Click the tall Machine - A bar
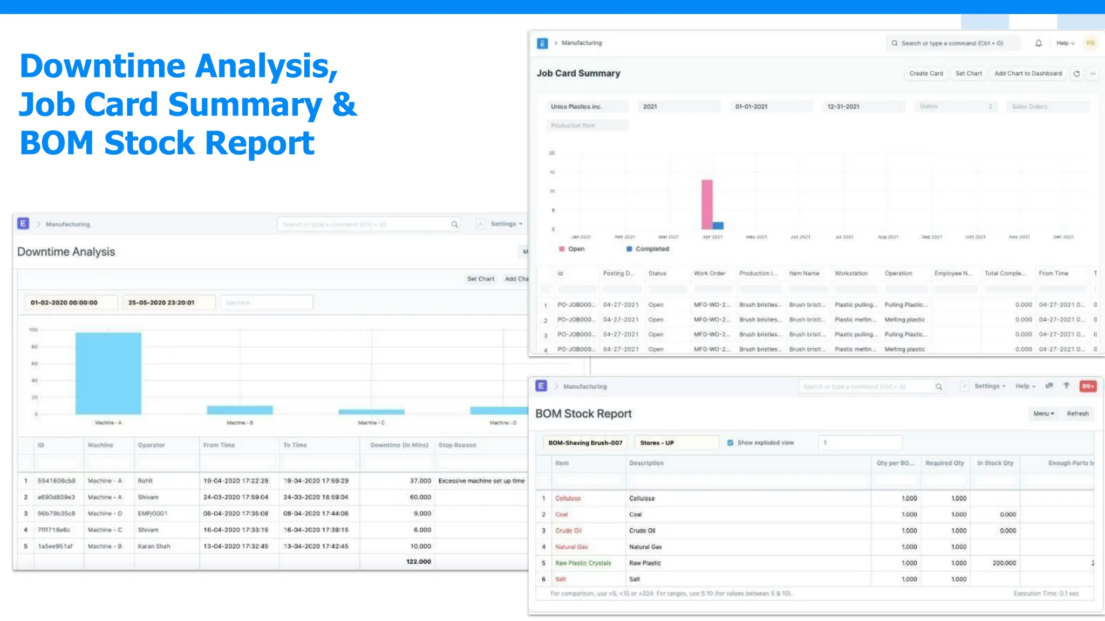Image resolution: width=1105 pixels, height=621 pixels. (x=108, y=373)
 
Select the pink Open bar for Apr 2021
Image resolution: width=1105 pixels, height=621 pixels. (x=707, y=204)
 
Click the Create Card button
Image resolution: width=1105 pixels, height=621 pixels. (x=926, y=73)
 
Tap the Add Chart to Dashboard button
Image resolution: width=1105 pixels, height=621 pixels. (x=1028, y=73)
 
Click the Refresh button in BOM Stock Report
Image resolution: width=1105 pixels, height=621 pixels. (x=1077, y=413)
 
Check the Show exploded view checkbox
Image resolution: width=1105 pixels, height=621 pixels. (x=730, y=443)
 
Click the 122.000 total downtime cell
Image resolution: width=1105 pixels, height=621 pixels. (x=418, y=562)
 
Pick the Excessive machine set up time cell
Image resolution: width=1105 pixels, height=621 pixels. (x=481, y=481)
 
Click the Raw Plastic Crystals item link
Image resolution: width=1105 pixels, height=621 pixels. (x=583, y=563)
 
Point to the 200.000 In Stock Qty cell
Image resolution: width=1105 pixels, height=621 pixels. (x=1004, y=563)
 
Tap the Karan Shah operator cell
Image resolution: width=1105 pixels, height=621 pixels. (x=154, y=546)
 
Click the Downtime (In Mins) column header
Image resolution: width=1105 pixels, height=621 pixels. (x=399, y=445)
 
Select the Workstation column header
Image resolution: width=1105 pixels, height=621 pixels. (x=851, y=273)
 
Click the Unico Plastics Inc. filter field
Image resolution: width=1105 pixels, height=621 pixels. (x=586, y=107)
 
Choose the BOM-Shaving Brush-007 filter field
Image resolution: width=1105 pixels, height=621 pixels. (x=585, y=443)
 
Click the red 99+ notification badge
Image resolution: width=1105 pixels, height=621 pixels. (x=1088, y=386)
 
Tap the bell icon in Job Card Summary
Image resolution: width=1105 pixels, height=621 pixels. (x=1038, y=43)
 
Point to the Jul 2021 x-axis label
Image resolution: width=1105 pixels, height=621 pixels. (x=844, y=237)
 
